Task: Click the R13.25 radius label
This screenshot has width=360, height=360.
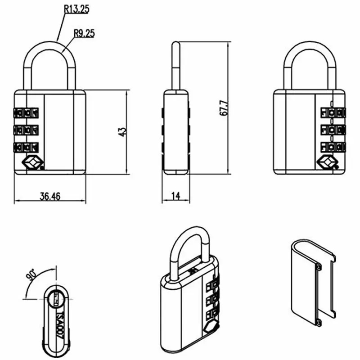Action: pos(76,9)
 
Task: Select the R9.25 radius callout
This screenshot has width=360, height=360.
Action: pos(84,33)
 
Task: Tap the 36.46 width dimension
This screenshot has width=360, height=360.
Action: pos(50,196)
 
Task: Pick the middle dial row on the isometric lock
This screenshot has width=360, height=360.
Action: pos(211,299)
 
